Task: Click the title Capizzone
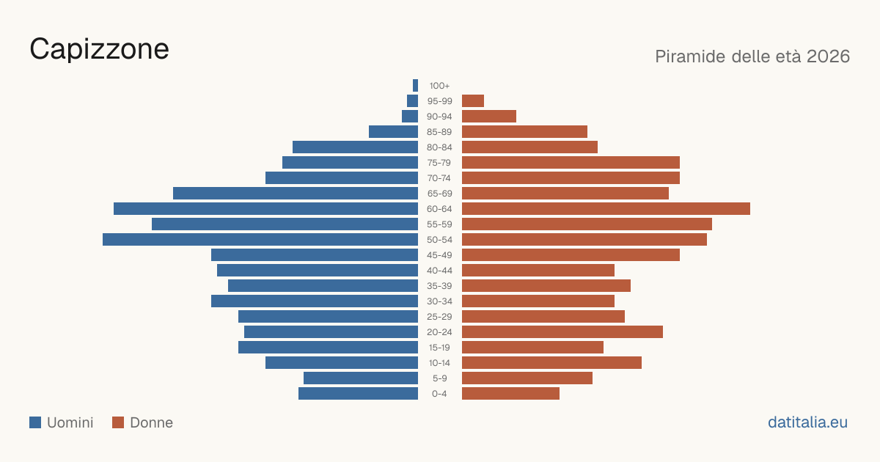pos(100,49)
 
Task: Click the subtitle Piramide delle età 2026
pos(752,56)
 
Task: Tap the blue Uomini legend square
pos(35,422)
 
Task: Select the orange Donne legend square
pos(118,422)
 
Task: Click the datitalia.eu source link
pos(807,422)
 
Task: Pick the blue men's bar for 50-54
pos(260,240)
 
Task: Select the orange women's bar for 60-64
pos(606,208)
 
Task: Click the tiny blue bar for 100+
pos(415,85)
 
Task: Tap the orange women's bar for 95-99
pos(473,101)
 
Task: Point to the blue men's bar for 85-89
pos(393,131)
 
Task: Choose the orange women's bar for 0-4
pos(510,394)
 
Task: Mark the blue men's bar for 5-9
pos(361,378)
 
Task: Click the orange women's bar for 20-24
pos(562,332)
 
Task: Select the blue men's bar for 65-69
pos(296,194)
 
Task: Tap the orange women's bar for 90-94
pos(489,117)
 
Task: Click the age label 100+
pos(439,86)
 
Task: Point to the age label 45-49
pos(439,255)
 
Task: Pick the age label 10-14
pos(439,363)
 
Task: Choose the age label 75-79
pos(439,163)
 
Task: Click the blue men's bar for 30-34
pos(315,301)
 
